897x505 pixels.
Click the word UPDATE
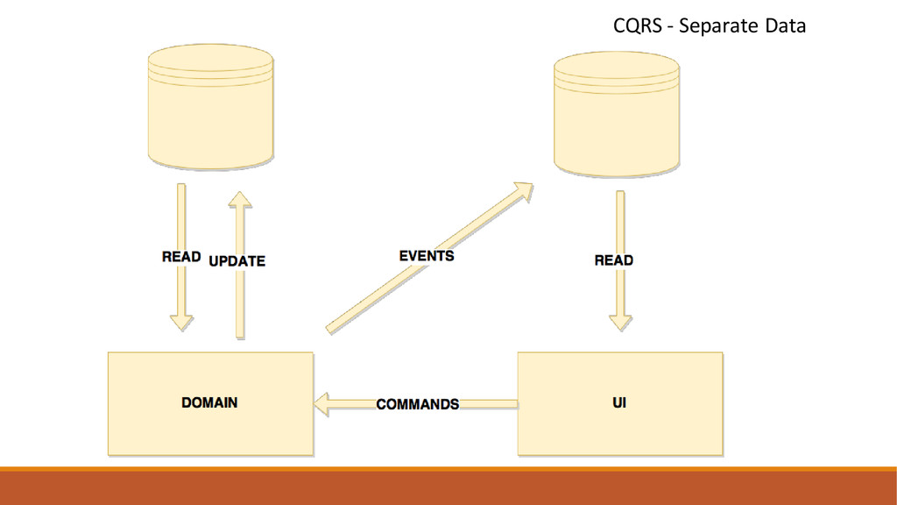tap(237, 260)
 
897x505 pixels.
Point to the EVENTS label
tap(427, 256)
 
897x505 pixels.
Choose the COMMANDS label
tap(418, 404)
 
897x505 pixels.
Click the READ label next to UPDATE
tap(181, 258)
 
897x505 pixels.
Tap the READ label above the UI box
tap(613, 260)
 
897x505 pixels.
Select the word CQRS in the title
tap(636, 26)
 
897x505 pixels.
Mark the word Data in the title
tap(785, 26)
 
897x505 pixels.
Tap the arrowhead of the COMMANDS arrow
tap(321, 404)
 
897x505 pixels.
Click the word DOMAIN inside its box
tap(209, 403)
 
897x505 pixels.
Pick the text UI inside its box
tap(618, 403)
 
